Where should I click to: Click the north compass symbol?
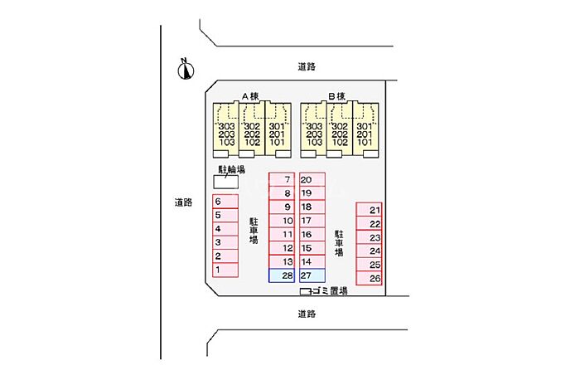[x=186, y=70]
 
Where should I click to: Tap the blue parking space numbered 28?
[x=282, y=275]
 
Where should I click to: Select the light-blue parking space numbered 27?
[x=312, y=275]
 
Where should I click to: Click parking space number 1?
[x=225, y=270]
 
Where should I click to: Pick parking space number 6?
[x=225, y=202]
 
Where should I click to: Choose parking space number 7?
[x=282, y=179]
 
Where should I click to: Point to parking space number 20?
[x=312, y=179]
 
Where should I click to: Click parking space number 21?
[x=369, y=210]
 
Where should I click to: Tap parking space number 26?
[x=369, y=278]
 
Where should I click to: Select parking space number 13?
[x=282, y=261]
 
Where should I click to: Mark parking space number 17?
[x=312, y=221]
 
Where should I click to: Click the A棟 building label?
[x=250, y=95]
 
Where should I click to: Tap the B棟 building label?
[x=336, y=95]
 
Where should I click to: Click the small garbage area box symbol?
[x=304, y=291]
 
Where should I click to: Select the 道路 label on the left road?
[x=183, y=202]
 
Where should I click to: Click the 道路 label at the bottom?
[x=307, y=314]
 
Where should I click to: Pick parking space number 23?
[x=369, y=237]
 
